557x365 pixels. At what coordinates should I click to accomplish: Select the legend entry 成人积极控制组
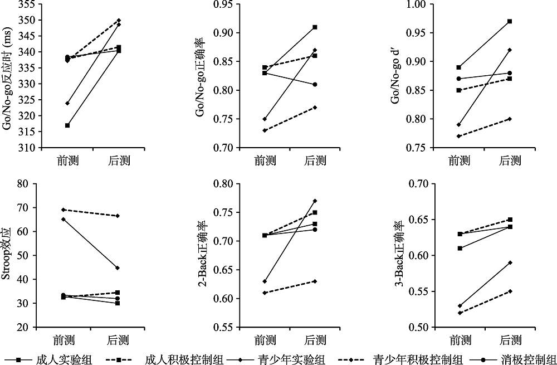173,358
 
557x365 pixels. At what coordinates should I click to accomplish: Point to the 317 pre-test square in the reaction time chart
67,125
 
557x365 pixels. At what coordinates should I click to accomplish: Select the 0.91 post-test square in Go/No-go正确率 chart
315,27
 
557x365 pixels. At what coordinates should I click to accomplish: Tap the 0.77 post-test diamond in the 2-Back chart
315,201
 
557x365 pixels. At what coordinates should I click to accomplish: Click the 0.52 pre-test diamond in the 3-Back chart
459,313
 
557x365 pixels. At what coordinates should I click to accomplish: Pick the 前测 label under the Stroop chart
67,339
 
